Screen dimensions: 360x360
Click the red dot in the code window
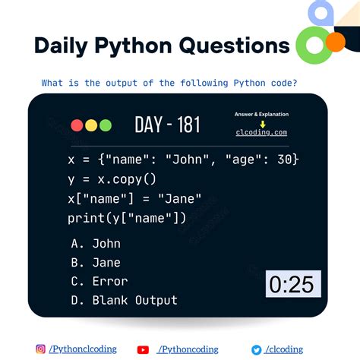coord(77,126)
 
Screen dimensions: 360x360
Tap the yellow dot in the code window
coord(90,126)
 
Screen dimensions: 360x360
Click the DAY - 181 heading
coord(168,125)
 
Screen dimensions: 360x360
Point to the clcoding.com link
coord(261,132)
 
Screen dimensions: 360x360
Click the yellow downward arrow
coord(261,123)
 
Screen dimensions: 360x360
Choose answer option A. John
coord(96,244)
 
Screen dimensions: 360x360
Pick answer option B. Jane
coord(96,263)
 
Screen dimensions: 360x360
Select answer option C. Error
coord(99,282)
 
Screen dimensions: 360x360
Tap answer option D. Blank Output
coord(125,301)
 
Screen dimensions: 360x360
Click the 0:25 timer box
coord(293,285)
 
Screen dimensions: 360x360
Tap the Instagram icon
coord(41,349)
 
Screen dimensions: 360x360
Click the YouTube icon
coord(143,349)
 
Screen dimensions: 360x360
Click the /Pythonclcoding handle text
coord(83,349)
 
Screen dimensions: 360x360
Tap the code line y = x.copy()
coord(112,179)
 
